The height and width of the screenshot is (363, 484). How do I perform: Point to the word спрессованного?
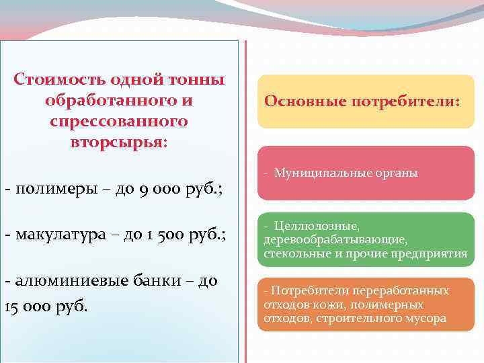[x=118, y=122]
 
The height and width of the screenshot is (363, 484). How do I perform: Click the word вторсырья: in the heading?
[x=119, y=144]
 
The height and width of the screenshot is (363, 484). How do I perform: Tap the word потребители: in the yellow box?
[x=417, y=102]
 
